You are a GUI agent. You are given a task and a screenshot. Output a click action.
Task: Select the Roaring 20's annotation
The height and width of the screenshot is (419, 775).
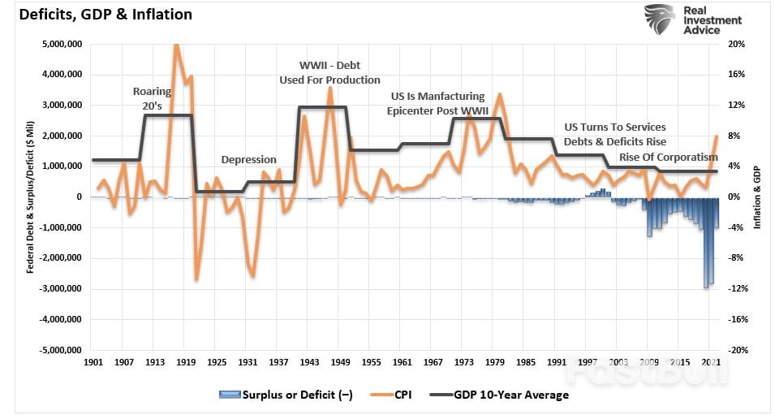(x=153, y=98)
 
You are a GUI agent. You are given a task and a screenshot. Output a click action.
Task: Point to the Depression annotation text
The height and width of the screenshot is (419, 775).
(x=249, y=160)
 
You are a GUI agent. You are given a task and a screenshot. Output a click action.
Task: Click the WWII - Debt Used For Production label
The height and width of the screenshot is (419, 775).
(x=329, y=72)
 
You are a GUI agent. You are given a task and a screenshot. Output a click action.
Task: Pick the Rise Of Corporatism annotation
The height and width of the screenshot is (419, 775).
(x=669, y=157)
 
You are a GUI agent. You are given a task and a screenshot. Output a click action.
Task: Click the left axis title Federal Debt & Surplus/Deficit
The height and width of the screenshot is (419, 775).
(x=29, y=197)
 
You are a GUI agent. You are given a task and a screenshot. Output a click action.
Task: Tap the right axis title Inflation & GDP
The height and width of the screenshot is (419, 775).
(x=757, y=197)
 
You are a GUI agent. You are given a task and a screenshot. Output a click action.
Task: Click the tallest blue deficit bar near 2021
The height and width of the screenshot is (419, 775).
(x=706, y=244)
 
